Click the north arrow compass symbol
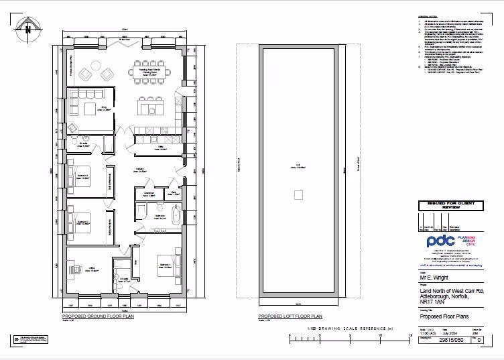(27, 28)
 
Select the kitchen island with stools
(150, 106)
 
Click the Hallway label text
(140, 170)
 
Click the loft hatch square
(298, 195)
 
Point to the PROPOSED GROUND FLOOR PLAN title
(92, 316)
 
